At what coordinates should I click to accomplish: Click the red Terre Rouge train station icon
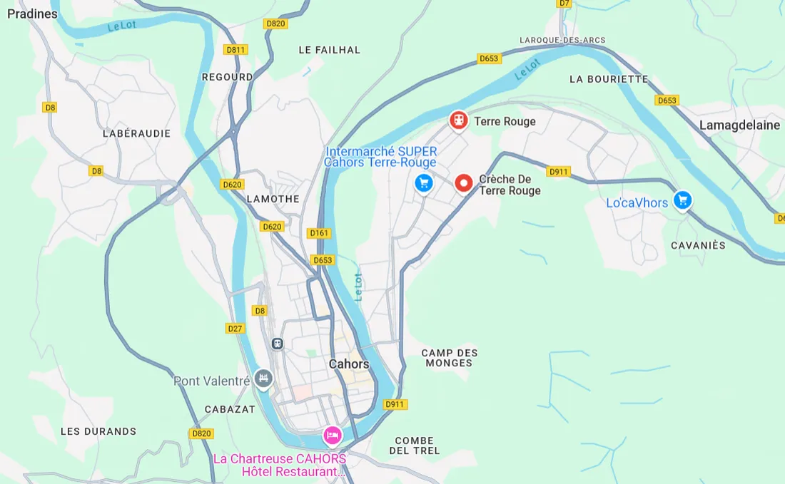458,120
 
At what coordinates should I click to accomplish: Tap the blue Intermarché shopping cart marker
424,182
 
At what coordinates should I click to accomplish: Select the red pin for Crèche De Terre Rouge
464,183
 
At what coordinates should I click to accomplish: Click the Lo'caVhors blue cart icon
683,200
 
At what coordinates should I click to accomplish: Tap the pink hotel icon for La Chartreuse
332,433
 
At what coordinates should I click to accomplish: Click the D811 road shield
235,50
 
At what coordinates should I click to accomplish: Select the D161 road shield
319,233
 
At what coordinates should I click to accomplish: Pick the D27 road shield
235,329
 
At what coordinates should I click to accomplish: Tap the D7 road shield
564,4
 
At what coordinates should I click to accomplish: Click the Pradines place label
32,14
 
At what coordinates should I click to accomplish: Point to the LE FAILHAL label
329,50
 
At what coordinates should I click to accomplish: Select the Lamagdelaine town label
739,125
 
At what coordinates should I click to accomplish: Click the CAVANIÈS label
698,245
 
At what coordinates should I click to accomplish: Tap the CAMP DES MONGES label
450,358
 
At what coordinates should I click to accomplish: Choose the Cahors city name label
349,364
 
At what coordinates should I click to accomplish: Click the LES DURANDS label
98,431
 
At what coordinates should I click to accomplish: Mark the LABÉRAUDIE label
136,133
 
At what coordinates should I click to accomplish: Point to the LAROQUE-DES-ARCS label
562,40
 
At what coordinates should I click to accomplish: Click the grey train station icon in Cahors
278,344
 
